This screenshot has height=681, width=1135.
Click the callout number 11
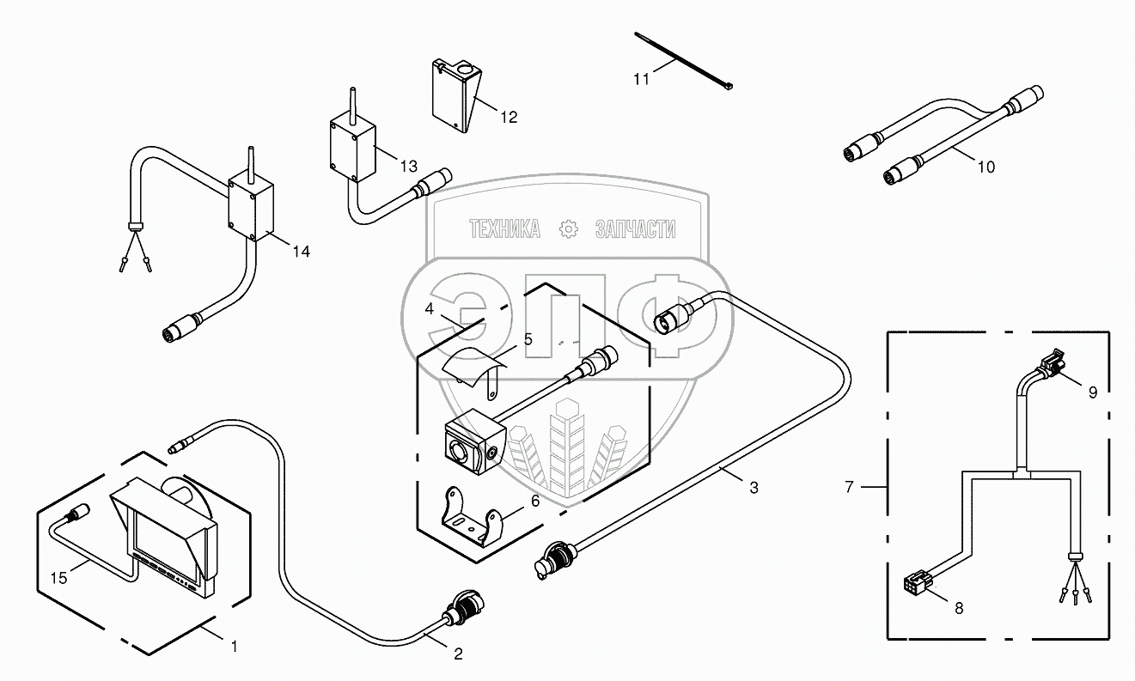pos(641,80)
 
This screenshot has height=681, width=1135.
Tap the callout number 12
pos(509,117)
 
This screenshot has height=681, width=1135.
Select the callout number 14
pos(301,251)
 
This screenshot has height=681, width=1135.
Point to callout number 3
pos(754,488)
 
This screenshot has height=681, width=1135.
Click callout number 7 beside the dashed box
pos(850,487)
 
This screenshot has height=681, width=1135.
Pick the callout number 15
pos(58,578)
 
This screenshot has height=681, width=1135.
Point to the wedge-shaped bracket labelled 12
pos(456,95)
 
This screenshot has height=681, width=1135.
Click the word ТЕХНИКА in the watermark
pos(504,228)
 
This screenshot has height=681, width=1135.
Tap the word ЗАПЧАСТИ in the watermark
pos(635,228)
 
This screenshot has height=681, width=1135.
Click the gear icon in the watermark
pos(568,228)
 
